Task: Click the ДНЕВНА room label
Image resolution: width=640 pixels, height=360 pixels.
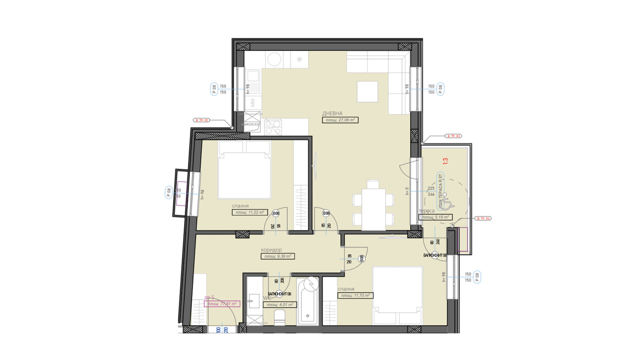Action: pos(332,114)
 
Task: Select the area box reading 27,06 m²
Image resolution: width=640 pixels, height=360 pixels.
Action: pos(340,120)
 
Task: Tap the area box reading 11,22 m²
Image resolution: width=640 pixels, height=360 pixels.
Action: pos(249,213)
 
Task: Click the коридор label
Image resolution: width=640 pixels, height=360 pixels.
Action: pos(271,250)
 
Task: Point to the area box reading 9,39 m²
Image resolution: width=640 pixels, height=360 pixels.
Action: pos(277,256)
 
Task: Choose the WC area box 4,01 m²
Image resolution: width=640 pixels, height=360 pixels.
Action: pos(280,305)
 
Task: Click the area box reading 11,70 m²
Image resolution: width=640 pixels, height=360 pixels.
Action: pos(355,296)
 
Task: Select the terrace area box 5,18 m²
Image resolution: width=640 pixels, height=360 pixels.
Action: pos(435,217)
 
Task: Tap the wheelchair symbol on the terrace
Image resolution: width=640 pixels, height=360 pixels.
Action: pos(447,203)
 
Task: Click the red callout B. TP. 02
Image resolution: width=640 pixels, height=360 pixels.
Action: pos(201,120)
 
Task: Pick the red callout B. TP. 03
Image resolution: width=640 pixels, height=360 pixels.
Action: pos(453,136)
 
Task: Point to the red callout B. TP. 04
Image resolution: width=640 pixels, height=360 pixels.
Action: pos(483,218)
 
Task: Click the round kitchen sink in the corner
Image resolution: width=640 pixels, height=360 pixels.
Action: pos(274,60)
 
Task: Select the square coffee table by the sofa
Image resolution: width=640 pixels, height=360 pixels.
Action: pos(367,92)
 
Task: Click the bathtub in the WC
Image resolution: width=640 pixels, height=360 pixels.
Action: pos(308,302)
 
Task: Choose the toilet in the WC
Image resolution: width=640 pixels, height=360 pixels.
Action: pos(280,318)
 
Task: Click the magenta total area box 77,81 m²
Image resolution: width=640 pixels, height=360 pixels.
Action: pos(222,304)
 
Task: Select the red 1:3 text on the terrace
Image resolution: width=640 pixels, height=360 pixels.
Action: pos(445,161)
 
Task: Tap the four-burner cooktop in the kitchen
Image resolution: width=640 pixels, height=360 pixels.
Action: pos(273,127)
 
